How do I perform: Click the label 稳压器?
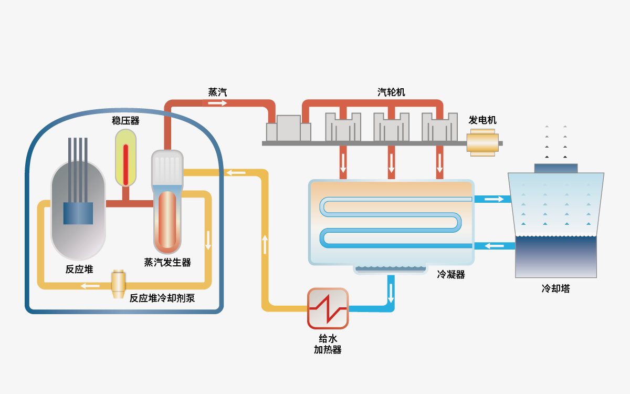[x=126, y=120]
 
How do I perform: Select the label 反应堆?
[x=79, y=269]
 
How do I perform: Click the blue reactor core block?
[x=78, y=213]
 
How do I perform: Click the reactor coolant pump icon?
[x=119, y=284]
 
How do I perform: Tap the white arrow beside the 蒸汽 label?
[x=217, y=103]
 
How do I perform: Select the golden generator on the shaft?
[x=482, y=143]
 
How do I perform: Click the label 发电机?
[x=482, y=120]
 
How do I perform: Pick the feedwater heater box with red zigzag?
[x=328, y=308]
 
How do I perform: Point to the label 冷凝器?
[x=451, y=274]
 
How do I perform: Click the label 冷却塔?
[x=556, y=288]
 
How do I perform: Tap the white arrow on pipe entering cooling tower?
[x=493, y=199]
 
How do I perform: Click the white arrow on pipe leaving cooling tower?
[x=493, y=245]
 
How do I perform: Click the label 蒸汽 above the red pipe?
[x=217, y=92]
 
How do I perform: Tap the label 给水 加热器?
[x=328, y=344]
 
